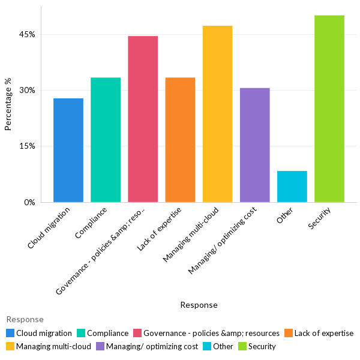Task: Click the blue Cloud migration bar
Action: pos(68,150)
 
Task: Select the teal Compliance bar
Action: pos(106,140)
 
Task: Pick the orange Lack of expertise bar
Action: pos(180,140)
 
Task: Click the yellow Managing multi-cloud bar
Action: pos(217,114)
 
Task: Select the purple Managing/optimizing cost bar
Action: pos(254,145)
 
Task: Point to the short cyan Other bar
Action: pos(292,187)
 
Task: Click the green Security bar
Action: pos(329,109)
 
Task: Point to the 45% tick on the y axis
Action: pos(27,34)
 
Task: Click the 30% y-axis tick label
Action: pos(27,90)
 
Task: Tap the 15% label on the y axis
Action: pos(27,146)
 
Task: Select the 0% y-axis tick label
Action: pos(29,202)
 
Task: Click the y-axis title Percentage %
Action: pos(8,109)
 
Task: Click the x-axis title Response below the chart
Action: pos(199,305)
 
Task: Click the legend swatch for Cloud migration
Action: pos(10,333)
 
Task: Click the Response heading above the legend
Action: pos(25,319)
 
